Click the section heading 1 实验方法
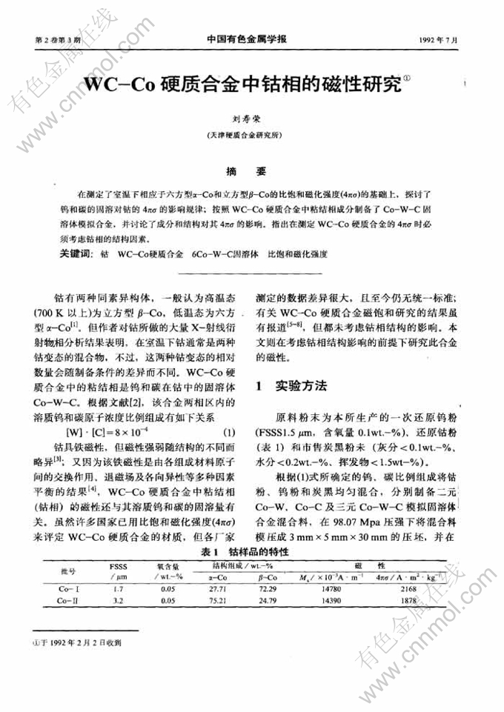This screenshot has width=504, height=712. click(x=292, y=385)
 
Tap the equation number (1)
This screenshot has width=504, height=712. click(x=229, y=433)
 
